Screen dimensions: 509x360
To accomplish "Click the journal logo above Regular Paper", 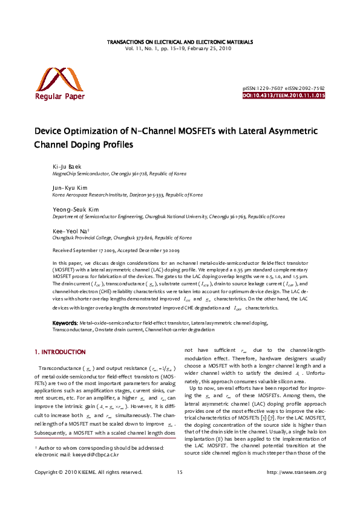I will click(59, 79).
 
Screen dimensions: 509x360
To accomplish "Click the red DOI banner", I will click(284, 96).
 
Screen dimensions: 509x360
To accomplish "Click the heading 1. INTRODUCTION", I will click(60, 352).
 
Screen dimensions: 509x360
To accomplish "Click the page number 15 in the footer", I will click(180, 489).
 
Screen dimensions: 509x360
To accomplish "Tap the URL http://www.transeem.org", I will click(296, 489).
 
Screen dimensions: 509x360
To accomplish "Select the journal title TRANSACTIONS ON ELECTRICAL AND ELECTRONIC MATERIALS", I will click(180, 42).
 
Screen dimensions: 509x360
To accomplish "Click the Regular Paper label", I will click(60, 96).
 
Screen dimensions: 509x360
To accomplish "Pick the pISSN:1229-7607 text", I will click(262, 88).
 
